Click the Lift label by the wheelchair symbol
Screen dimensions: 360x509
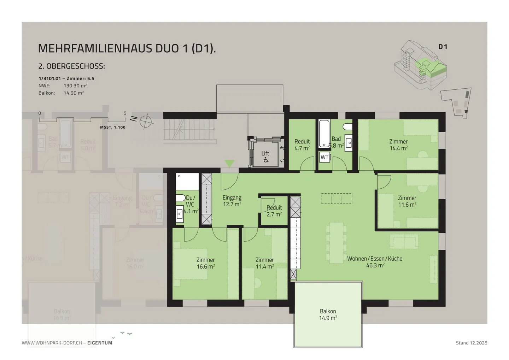pos(265,153)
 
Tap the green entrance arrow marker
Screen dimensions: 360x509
pos(230,164)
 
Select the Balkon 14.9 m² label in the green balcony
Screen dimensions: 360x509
pos(328,314)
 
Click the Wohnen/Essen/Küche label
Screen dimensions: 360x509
pos(375,262)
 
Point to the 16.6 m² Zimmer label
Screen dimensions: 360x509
pos(206,263)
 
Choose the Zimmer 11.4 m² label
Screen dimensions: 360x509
pos(265,263)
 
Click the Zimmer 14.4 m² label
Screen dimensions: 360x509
pos(398,145)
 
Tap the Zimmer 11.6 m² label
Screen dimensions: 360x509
pos(407,201)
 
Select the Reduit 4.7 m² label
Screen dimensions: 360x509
pos(302,145)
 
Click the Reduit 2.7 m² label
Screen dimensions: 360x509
pos(274,211)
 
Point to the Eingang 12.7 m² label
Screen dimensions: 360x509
pos(232,201)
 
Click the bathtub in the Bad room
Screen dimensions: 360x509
pos(324,134)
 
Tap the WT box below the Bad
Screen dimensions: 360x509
pos(324,157)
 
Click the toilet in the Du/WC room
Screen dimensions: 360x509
pos(180,198)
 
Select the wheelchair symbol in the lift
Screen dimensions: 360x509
pos(266,160)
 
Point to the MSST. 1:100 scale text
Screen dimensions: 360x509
pos(113,127)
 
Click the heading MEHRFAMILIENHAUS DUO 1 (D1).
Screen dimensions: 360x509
pos(127,48)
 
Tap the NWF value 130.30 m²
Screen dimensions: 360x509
pos(75,86)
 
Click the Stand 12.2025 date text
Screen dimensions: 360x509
pos(471,343)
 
